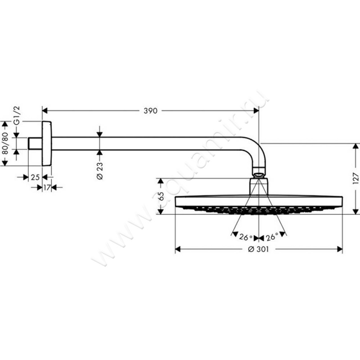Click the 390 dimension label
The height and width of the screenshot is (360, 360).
pos(151,111)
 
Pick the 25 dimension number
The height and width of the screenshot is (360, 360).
pos(35,177)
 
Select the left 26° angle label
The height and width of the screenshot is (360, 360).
pos(245,237)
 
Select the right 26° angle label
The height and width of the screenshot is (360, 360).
pos(271,237)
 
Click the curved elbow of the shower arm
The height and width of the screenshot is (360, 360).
pos(259,148)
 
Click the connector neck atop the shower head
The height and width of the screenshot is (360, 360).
pos(259,185)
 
